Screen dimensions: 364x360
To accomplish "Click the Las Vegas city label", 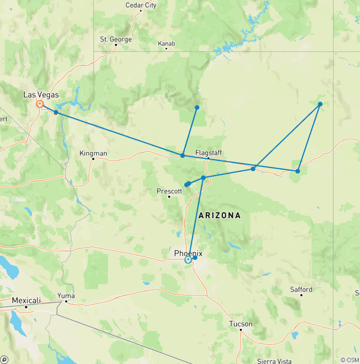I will click(41, 95).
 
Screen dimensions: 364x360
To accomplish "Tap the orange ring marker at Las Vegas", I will click(40, 104).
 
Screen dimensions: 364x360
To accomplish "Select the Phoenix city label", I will click(188, 253).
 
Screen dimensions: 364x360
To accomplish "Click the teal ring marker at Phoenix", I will click(188, 260).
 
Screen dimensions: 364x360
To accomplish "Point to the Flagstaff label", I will click(209, 152).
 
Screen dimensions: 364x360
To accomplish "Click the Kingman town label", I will click(93, 153).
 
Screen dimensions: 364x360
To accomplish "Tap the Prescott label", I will click(169, 191).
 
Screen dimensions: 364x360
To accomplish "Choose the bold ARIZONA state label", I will click(219, 216).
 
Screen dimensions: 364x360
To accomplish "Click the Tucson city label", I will click(241, 324).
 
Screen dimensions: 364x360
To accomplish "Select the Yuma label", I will click(66, 296).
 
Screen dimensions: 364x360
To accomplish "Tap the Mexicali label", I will click(26, 300).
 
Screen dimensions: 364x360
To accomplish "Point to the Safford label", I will click(301, 289).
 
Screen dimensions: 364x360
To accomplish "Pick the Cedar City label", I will click(141, 6).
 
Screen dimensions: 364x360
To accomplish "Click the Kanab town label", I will click(166, 44).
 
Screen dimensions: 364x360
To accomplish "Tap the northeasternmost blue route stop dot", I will click(320, 104).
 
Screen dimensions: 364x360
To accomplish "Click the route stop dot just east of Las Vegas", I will click(56, 113).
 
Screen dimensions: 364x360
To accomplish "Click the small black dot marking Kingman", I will click(93, 159).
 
